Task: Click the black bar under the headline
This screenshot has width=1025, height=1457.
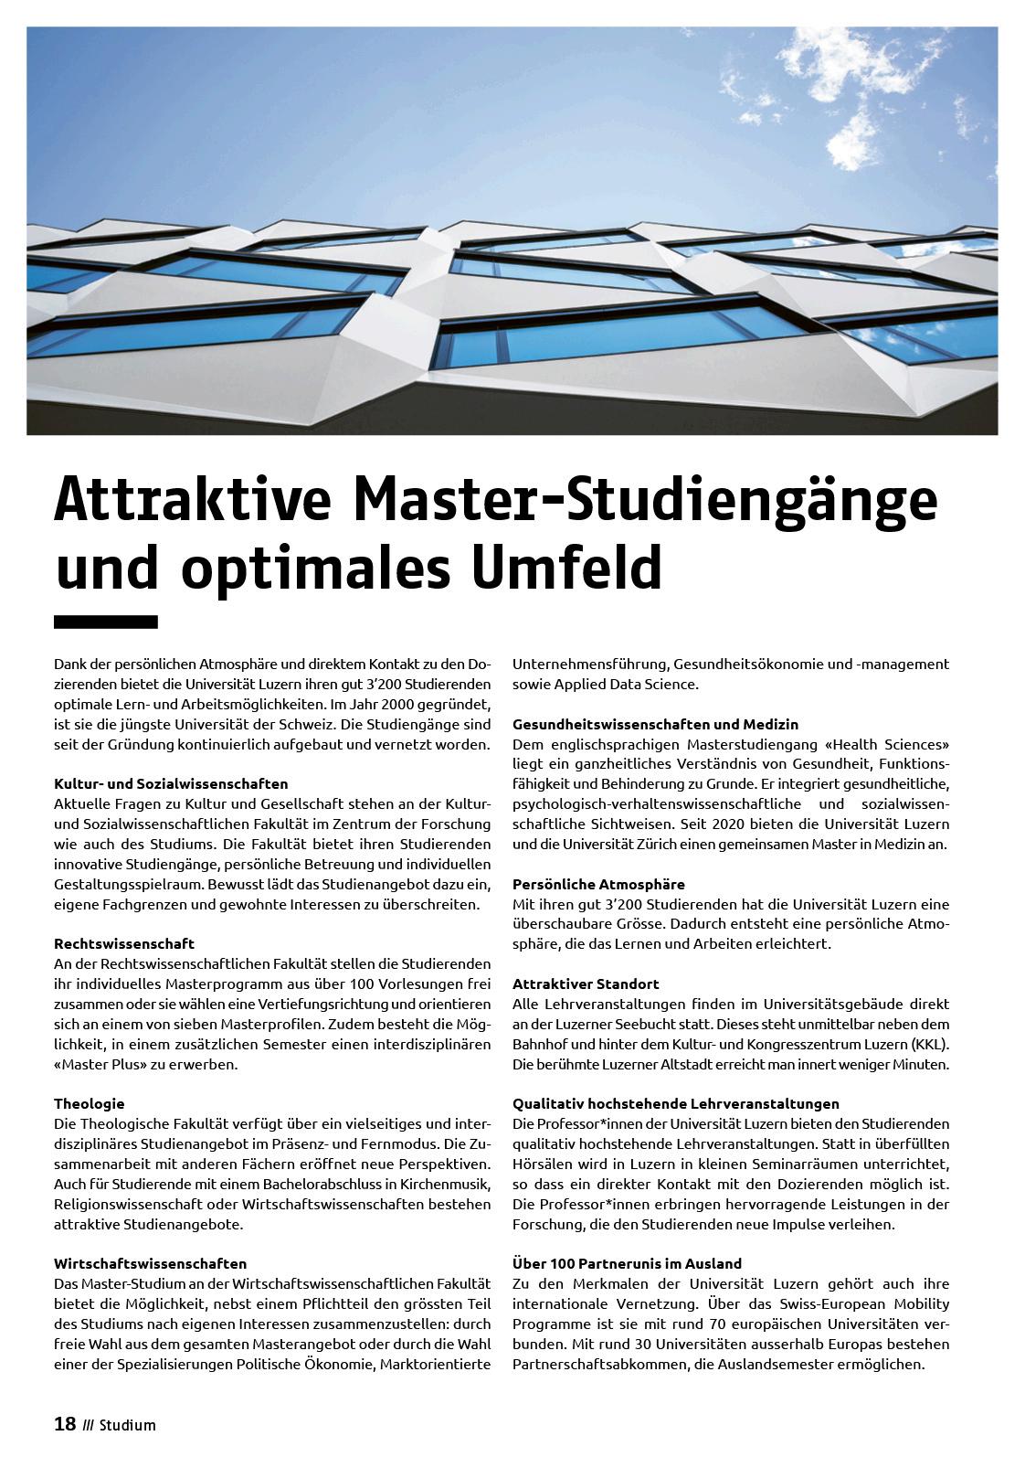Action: (106, 622)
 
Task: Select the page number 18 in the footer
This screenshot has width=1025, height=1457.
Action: (65, 1424)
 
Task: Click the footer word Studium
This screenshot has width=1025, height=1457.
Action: (128, 1425)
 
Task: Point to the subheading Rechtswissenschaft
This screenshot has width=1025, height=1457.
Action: (124, 943)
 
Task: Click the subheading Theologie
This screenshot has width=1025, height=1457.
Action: (89, 1103)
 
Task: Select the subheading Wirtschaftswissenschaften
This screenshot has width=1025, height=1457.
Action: (151, 1263)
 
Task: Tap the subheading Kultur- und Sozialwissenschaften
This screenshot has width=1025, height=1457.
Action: (171, 783)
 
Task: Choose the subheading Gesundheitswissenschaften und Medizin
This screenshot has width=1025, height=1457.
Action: (655, 724)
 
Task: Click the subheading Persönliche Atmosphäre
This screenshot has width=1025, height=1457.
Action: (598, 884)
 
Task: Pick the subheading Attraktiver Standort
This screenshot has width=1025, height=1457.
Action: (586, 984)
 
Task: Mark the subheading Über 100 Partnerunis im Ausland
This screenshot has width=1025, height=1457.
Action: (627, 1263)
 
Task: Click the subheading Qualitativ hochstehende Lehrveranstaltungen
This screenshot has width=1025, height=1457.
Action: (675, 1103)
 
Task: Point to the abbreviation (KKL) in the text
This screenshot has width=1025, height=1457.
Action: (930, 1044)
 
